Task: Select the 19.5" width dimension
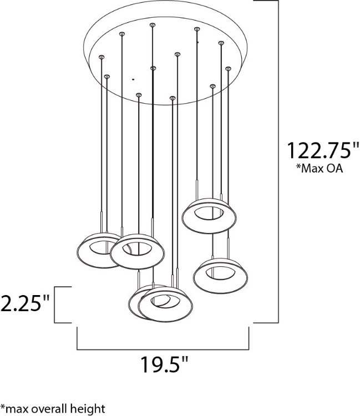point(163,367)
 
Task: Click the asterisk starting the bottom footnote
point(3,408)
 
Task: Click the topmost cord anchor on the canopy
point(152,24)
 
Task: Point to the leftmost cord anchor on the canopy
point(101,57)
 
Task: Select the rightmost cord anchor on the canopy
point(227,68)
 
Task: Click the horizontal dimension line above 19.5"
point(162,349)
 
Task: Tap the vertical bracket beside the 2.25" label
point(55,305)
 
